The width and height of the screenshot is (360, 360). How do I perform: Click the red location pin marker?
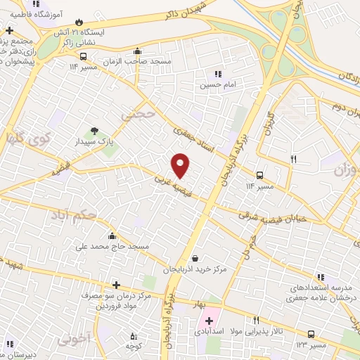click(x=181, y=165)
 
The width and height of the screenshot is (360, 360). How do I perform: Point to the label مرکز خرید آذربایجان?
click(x=195, y=269)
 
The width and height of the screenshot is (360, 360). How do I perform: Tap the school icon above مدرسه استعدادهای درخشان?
click(x=321, y=278)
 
